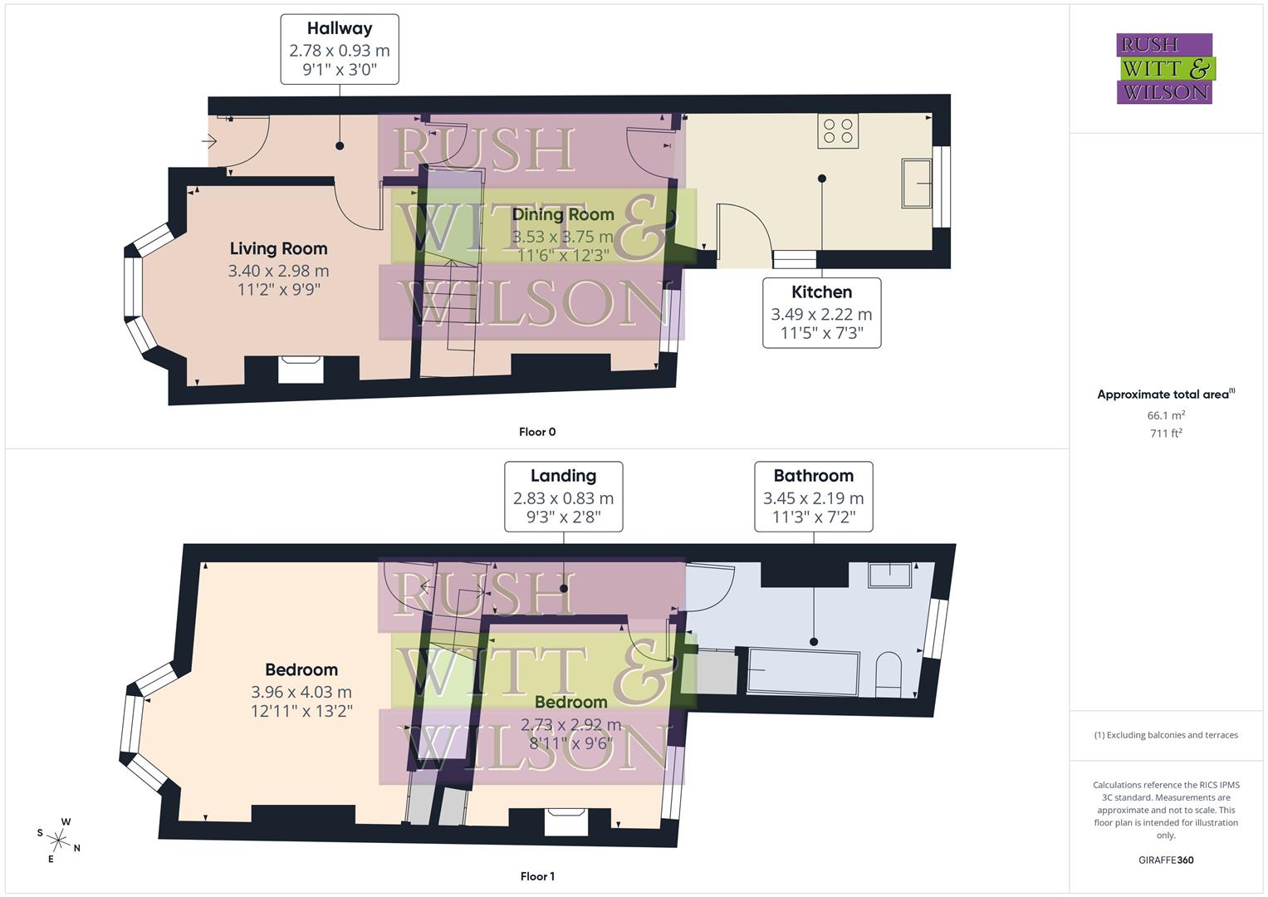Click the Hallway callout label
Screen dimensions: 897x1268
[x=339, y=49]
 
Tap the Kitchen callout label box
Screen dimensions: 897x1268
[x=821, y=312]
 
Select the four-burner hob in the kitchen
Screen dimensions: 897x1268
[x=837, y=130]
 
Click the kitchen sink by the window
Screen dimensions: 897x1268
[x=917, y=184]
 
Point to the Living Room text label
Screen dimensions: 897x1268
[x=278, y=248]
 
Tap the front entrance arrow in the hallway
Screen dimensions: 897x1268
[x=209, y=142]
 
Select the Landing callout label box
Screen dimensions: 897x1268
[x=563, y=497]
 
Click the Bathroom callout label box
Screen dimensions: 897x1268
[x=813, y=497]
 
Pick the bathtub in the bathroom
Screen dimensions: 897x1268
[x=802, y=672]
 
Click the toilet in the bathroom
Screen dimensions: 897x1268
[x=889, y=674]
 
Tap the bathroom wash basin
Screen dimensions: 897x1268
[x=889, y=575]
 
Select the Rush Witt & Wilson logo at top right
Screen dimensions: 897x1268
[x=1164, y=68]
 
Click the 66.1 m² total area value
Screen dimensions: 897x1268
[x=1165, y=415]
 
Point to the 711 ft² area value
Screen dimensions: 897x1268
[x=1165, y=434]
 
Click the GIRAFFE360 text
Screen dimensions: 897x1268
[x=1165, y=860]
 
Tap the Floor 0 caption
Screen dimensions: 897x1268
[x=537, y=432]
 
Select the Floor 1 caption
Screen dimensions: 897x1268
[x=536, y=876]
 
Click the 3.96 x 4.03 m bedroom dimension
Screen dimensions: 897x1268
[x=301, y=692]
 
